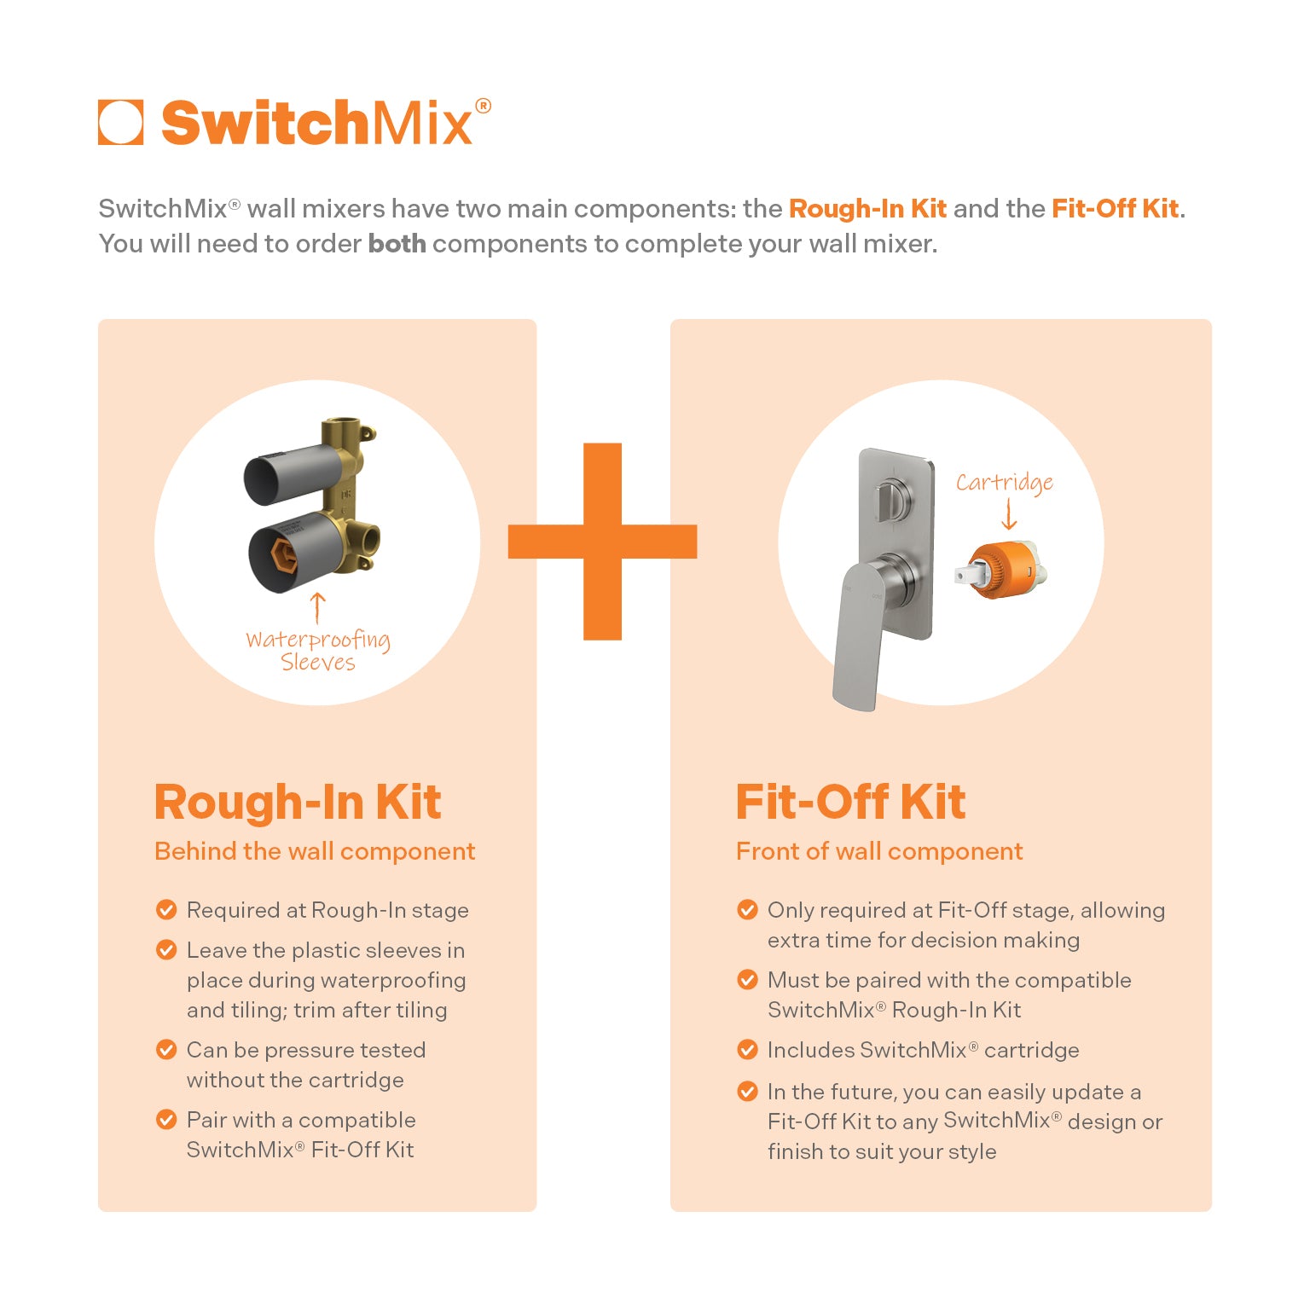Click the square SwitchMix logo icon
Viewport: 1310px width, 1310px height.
click(x=120, y=123)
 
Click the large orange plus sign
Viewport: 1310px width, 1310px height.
click(x=602, y=542)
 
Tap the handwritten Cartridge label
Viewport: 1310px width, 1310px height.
click(x=1004, y=483)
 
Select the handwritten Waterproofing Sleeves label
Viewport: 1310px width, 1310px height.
click(x=317, y=651)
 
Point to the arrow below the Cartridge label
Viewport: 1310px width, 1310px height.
click(x=1009, y=515)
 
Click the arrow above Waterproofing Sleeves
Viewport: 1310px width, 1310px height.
click(x=317, y=607)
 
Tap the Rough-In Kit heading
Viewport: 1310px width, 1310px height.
click(x=298, y=803)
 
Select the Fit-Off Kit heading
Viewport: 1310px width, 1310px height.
click(x=850, y=803)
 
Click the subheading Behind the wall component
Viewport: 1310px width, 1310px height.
click(x=315, y=851)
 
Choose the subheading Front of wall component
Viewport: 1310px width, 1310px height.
click(x=879, y=851)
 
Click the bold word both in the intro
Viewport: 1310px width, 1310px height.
click(x=397, y=244)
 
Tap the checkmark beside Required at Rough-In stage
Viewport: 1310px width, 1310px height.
click(x=166, y=910)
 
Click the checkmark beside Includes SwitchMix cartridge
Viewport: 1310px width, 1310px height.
click(x=747, y=1050)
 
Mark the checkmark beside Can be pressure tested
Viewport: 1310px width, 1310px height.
click(x=166, y=1050)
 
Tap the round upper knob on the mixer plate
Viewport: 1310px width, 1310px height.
click(x=892, y=494)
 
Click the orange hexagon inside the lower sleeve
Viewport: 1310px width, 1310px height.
click(x=283, y=555)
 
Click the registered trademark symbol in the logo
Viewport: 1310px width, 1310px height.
click(x=483, y=107)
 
